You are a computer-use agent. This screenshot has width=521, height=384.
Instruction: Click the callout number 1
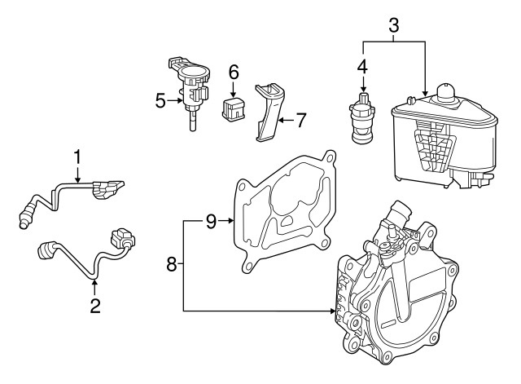[78, 155]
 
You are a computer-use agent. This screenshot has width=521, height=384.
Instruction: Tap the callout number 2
[95, 307]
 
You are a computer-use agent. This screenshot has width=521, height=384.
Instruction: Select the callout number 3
[393, 24]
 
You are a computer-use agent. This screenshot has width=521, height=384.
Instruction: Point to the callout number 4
[363, 64]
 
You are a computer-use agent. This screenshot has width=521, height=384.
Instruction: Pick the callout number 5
[160, 101]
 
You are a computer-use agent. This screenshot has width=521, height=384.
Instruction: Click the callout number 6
[233, 73]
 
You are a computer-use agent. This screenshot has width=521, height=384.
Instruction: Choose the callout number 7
[300, 121]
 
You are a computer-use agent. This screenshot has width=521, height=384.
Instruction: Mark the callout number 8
[172, 263]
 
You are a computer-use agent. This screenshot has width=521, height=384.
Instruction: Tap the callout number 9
[210, 220]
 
